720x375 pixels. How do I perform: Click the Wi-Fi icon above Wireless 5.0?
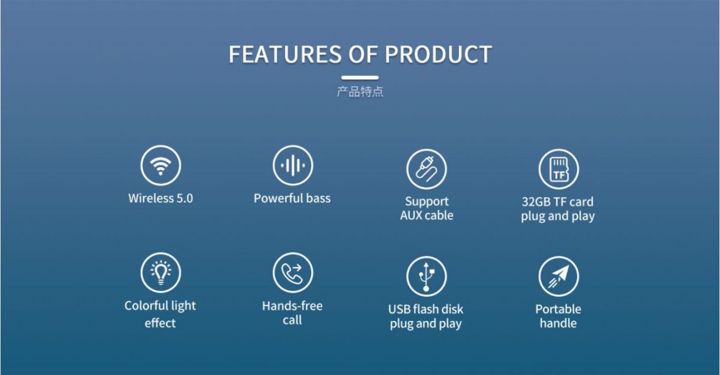pos(161,165)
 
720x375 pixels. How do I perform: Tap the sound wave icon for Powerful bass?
pos(293,165)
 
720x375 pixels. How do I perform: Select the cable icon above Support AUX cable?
pos(426,169)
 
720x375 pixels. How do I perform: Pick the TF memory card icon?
pos(559,169)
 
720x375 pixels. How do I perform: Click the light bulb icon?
pos(161,273)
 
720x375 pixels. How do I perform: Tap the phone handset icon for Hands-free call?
pos(293,273)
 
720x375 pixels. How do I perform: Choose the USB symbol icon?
pos(426,276)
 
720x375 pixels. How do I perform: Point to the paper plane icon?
pos(559,276)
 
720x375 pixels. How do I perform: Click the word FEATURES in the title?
pos(285,54)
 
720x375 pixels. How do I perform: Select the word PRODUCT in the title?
pos(439,54)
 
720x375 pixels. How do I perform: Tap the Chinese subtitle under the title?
pos(360,92)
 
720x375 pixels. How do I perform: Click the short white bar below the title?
pos(360,78)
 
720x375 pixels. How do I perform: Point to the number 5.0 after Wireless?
pos(185,198)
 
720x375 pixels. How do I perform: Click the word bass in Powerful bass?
pos(318,198)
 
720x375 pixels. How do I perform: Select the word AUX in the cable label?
pos(411,215)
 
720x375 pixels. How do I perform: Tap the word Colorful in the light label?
pos(145,305)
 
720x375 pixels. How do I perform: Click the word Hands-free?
pos(292,306)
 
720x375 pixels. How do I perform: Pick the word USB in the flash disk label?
pos(399,309)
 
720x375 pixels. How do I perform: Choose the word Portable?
pos(559,309)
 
